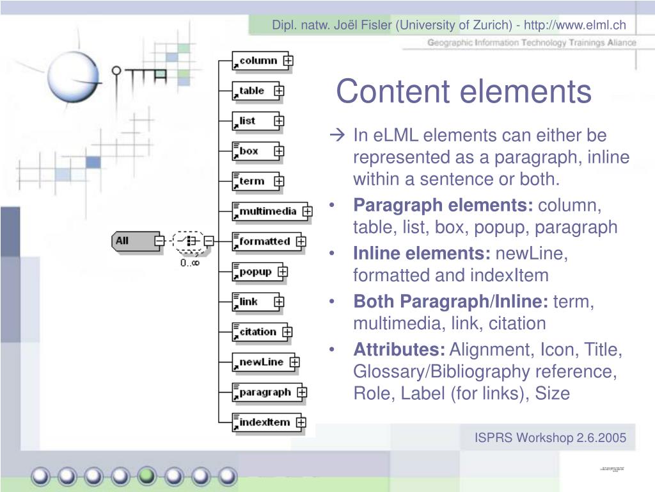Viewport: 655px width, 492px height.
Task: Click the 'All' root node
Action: click(x=132, y=241)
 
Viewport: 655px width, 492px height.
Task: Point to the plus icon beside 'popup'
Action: click(x=282, y=272)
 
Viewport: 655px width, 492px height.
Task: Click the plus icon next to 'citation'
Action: click(x=287, y=332)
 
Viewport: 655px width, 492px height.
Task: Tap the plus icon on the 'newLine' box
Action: click(x=294, y=362)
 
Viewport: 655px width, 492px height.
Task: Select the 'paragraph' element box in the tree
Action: click(x=264, y=392)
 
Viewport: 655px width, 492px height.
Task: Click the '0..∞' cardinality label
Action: click(x=189, y=263)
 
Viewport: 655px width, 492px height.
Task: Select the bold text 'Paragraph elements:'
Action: click(x=443, y=206)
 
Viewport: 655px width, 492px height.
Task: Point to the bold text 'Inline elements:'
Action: click(x=422, y=254)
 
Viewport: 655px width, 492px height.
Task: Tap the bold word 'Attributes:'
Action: click(x=399, y=350)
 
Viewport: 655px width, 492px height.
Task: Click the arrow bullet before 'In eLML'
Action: click(x=338, y=136)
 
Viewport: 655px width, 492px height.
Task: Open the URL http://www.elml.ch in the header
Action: click(x=575, y=25)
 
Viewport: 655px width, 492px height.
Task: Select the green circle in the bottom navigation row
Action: click(x=147, y=475)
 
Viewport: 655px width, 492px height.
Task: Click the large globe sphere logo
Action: click(x=75, y=76)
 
